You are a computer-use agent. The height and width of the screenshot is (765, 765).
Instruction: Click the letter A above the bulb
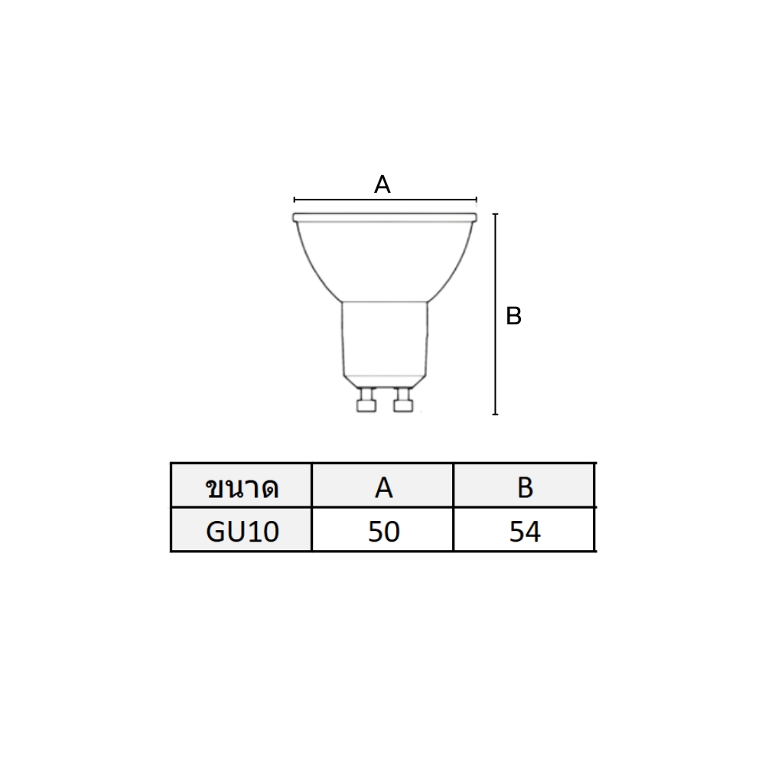coord(382,185)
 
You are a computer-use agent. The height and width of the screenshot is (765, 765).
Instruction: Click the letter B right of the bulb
coord(514,316)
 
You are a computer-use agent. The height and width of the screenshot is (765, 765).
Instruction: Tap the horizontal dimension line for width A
coord(386,200)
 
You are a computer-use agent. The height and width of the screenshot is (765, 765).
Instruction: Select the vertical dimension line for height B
coord(495,314)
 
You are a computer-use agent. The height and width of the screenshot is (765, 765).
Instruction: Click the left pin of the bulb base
coord(366,400)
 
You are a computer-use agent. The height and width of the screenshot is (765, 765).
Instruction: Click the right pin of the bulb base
coord(403,400)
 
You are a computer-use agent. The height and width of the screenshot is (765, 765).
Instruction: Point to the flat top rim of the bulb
coord(385,217)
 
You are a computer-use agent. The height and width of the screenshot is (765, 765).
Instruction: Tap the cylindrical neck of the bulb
coord(385,338)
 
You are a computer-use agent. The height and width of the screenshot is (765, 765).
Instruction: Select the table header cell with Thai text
coord(242,486)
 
